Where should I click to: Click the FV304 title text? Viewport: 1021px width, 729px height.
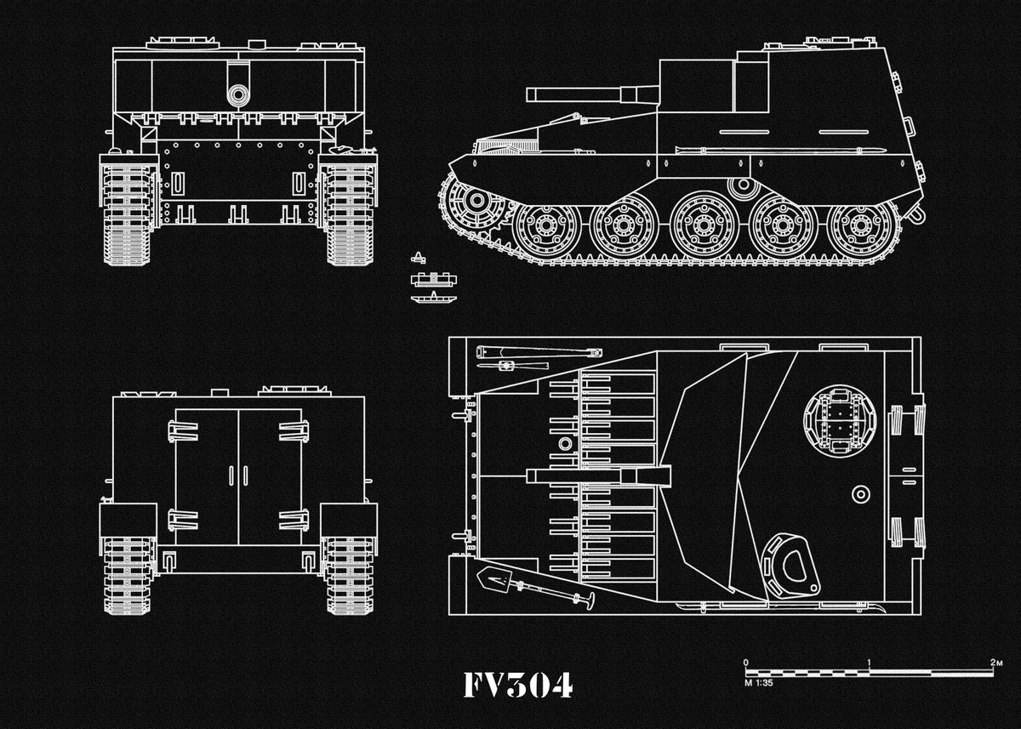517,685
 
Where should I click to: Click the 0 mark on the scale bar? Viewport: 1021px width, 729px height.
745,662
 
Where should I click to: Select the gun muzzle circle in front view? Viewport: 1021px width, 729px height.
237,94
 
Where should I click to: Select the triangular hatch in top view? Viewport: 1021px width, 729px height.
790,565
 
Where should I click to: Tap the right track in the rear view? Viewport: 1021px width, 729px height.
349,574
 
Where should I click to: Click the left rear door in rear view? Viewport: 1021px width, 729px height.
207,476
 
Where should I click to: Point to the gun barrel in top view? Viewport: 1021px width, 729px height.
596,476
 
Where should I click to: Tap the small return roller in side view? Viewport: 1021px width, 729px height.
744,185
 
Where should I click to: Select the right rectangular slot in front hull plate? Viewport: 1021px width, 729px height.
299,183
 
